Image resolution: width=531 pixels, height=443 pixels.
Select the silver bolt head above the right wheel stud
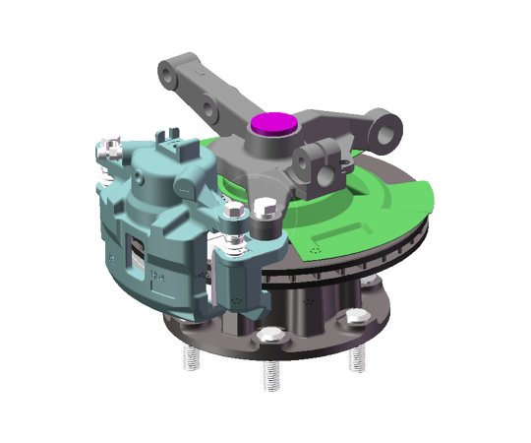click(x=355, y=318)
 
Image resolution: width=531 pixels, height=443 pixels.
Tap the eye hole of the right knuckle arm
click(x=391, y=126)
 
